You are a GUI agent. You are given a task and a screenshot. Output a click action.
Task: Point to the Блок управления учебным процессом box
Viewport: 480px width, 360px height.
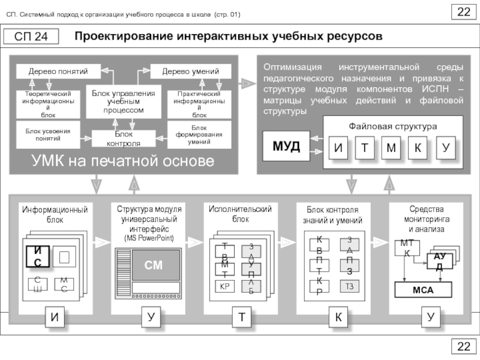[x=124, y=102]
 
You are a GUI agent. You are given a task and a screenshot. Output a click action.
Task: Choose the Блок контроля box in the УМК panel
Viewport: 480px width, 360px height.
[x=124, y=139]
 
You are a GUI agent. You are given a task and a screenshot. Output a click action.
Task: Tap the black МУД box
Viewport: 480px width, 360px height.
[x=286, y=147]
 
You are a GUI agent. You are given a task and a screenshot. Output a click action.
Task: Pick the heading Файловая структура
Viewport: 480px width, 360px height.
[x=393, y=127]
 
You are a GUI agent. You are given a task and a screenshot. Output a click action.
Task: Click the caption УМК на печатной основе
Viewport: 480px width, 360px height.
[x=124, y=161]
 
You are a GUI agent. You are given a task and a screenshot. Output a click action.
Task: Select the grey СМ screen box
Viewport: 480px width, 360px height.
[x=153, y=265]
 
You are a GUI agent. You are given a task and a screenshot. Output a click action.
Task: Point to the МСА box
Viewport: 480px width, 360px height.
[x=422, y=290]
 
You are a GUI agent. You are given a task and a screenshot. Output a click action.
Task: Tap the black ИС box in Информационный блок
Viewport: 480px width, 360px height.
[x=37, y=256]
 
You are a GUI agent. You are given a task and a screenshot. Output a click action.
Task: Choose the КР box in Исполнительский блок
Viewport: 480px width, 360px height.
[x=225, y=286]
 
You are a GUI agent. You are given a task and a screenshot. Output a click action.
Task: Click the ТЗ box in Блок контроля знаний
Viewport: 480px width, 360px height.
[x=349, y=286]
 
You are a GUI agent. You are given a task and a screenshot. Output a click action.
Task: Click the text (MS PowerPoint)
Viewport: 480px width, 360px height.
[x=149, y=238]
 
